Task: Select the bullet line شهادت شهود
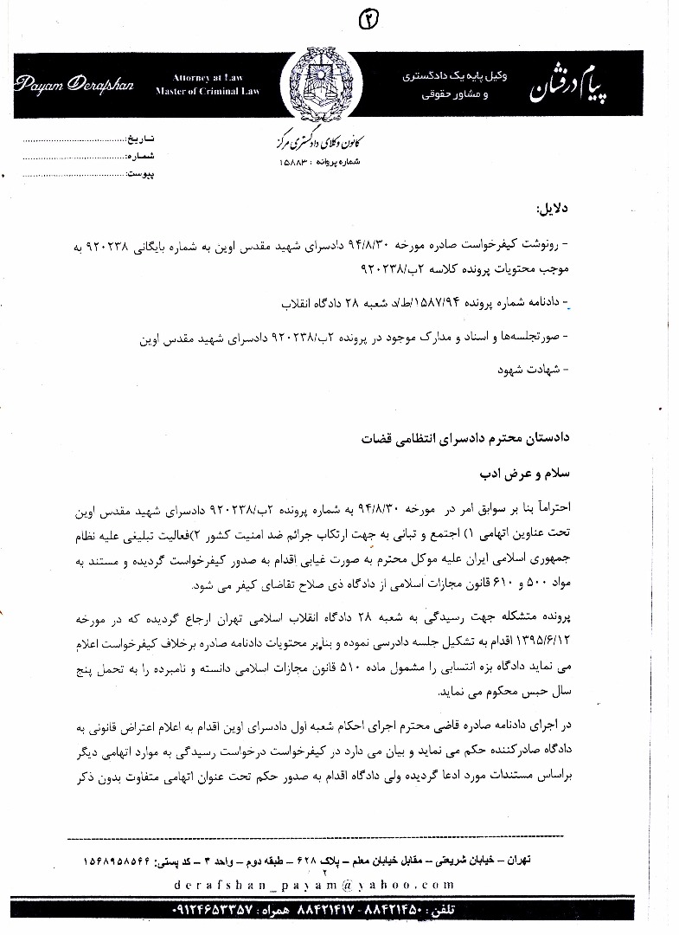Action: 530,370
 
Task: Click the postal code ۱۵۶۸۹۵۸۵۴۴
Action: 130,861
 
